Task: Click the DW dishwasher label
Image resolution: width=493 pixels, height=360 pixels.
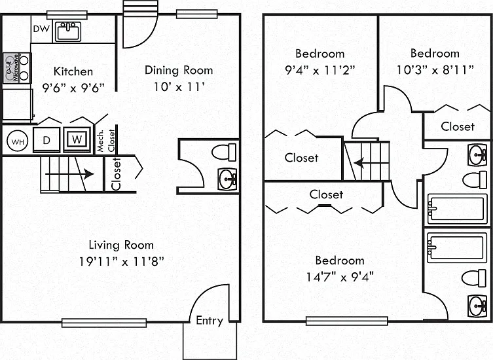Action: [x=41, y=29]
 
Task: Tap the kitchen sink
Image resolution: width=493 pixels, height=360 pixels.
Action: [x=68, y=31]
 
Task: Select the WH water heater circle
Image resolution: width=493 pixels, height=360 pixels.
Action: [x=17, y=141]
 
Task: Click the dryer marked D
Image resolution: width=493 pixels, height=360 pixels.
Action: [x=46, y=140]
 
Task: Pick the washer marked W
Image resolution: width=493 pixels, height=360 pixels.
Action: [x=77, y=139]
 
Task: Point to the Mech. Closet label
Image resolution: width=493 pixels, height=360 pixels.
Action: [x=105, y=141]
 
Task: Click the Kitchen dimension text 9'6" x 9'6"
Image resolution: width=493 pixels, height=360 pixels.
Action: [x=73, y=88]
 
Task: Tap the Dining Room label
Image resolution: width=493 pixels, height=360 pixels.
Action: [x=179, y=70]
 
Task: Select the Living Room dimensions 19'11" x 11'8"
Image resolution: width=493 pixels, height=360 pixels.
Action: [x=121, y=261]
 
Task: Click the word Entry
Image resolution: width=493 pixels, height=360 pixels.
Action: [x=210, y=320]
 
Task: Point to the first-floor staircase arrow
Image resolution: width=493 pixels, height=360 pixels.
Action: [x=69, y=174]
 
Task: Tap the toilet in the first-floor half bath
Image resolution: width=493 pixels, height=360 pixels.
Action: [x=224, y=152]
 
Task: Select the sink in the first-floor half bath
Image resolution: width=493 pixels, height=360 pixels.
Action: [x=228, y=179]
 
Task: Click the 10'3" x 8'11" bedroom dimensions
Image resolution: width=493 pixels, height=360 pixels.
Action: [x=435, y=70]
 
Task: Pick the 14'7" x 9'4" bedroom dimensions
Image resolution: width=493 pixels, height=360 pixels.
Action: [x=340, y=277]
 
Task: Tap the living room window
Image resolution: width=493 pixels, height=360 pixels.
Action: [x=104, y=323]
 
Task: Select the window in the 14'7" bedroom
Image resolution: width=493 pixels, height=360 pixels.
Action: [x=347, y=321]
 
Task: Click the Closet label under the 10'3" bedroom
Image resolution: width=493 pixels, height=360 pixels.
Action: [x=458, y=126]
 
